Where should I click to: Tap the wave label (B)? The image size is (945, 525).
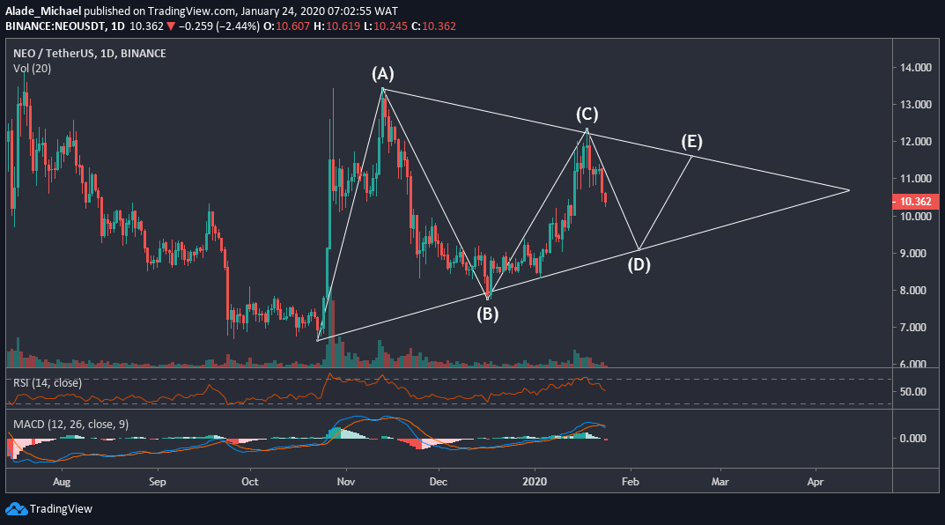tap(487, 313)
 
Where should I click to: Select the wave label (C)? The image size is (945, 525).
tap(587, 115)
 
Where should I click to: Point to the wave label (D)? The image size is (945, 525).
tap(639, 263)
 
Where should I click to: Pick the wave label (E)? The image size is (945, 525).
tap(690, 142)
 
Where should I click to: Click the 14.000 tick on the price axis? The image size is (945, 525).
tap(916, 68)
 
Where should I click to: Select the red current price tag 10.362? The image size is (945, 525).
tap(916, 202)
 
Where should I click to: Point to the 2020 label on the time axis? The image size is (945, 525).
tap(535, 483)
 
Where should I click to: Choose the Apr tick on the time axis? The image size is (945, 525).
tap(815, 483)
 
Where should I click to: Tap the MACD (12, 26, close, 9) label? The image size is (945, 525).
tap(70, 425)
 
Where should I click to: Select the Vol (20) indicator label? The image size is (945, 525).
tap(32, 69)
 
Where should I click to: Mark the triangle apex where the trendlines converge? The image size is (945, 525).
tap(849, 190)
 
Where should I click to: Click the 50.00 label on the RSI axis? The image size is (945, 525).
tap(912, 392)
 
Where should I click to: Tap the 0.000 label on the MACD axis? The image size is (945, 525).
tap(913, 439)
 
